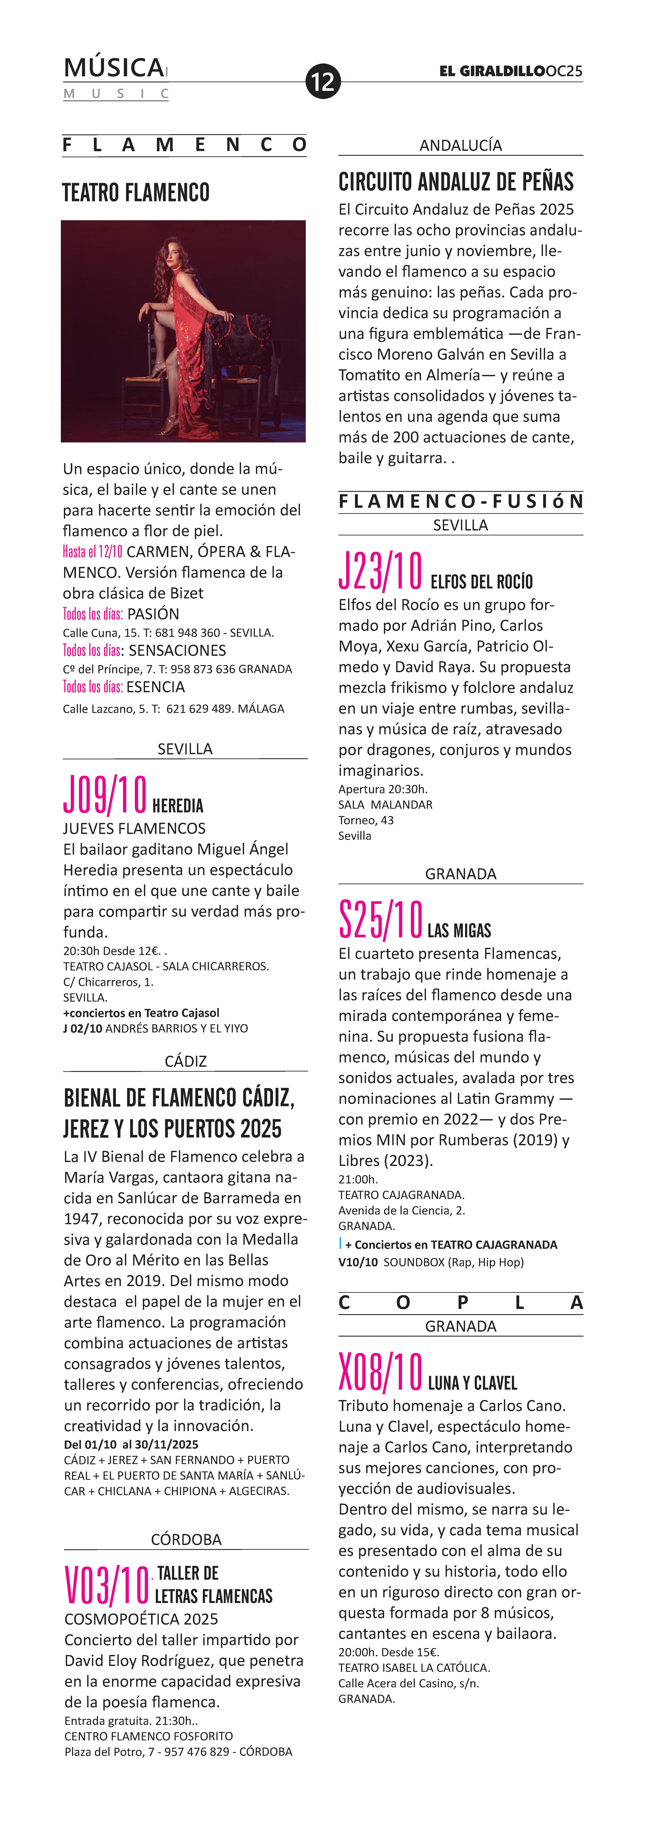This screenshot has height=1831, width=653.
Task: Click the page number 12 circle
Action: coord(323,81)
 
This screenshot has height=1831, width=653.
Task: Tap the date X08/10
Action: coord(381,1373)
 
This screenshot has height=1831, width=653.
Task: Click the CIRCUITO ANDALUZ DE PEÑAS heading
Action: coord(456,182)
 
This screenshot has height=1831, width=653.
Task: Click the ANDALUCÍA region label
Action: coord(460,145)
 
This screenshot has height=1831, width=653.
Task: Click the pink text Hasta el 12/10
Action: coord(93,552)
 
